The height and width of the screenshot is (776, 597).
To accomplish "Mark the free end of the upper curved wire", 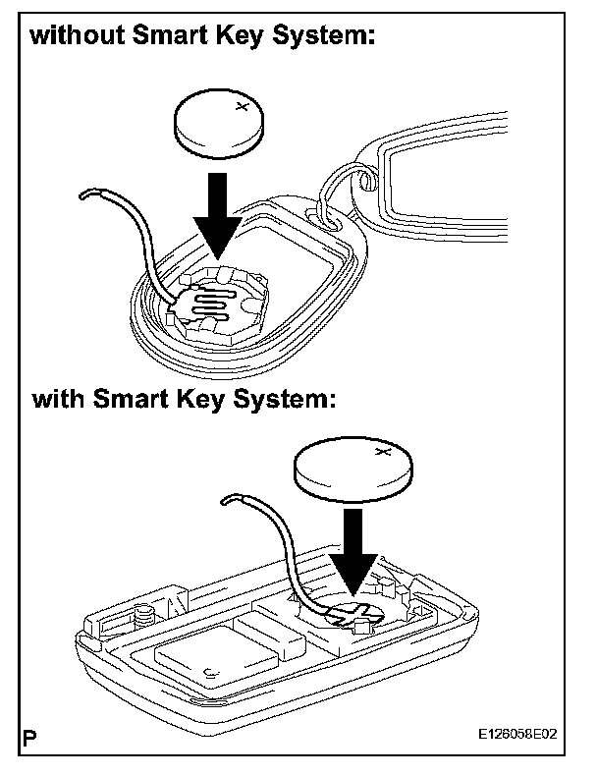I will tap(87, 194).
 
